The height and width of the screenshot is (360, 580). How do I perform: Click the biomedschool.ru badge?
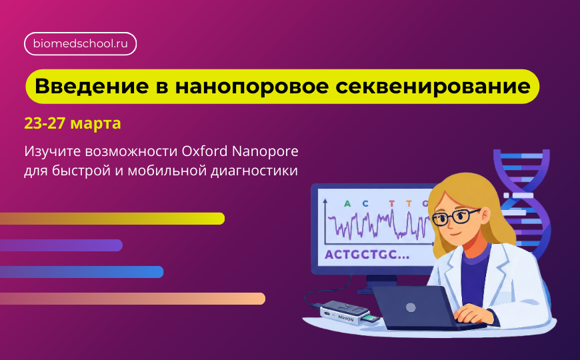click(81, 44)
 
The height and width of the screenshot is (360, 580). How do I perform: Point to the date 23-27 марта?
click(73, 124)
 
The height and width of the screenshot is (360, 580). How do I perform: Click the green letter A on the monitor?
click(347, 204)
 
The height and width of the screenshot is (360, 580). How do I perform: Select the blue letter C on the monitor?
click(366, 204)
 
